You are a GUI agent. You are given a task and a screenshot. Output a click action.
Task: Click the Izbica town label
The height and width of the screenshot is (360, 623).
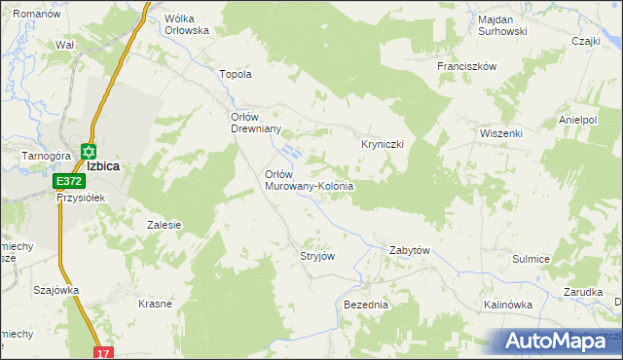pyautogui.click(x=102, y=166)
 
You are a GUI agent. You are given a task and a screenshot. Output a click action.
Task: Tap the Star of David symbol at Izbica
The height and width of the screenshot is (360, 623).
pyautogui.click(x=89, y=152)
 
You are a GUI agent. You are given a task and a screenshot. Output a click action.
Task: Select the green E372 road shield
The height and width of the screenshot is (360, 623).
pyautogui.click(x=68, y=181)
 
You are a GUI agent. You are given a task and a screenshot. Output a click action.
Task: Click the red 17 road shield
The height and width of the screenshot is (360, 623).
pyautogui.click(x=103, y=352)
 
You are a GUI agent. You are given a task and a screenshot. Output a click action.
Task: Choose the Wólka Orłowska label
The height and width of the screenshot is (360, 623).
pyautogui.click(x=188, y=24)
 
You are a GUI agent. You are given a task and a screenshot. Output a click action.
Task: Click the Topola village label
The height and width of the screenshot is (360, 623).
pyautogui.click(x=237, y=74)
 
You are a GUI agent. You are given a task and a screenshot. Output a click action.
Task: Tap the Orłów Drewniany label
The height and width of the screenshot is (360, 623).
pyautogui.click(x=255, y=123)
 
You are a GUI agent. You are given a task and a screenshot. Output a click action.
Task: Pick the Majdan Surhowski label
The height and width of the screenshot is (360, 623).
pyautogui.click(x=503, y=24)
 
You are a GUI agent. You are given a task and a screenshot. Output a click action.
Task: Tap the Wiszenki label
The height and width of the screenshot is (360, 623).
pyautogui.click(x=501, y=133)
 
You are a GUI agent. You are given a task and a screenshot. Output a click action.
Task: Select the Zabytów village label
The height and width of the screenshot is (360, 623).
pyautogui.click(x=409, y=250)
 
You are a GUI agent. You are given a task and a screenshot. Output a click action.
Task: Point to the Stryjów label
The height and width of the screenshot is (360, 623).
pyautogui.click(x=317, y=256)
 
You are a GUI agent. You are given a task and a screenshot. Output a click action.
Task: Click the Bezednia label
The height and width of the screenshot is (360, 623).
pyautogui.click(x=366, y=305)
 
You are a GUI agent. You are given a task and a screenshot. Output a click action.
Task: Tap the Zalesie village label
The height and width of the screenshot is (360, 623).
pyautogui.click(x=165, y=225)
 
